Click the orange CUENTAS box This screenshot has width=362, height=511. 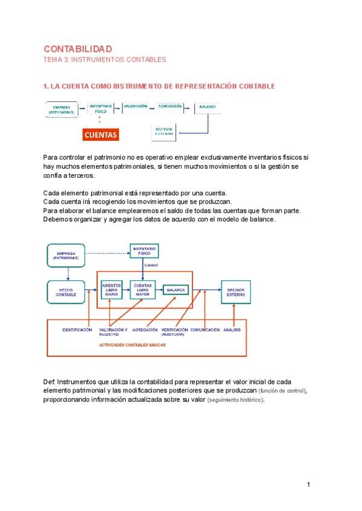pyautogui.click(x=100, y=135)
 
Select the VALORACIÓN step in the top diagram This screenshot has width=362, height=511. pyautogui.click(x=136, y=106)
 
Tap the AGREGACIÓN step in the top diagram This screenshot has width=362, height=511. pyautogui.click(x=170, y=106)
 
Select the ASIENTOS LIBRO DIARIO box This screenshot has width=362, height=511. pyautogui.click(x=112, y=290)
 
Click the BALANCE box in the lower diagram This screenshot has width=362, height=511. pyautogui.click(x=176, y=290)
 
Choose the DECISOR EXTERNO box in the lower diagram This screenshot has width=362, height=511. pyautogui.click(x=236, y=291)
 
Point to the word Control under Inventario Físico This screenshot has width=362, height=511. pyautogui.click(x=151, y=265)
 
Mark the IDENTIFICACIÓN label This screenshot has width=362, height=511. pyautogui.click(x=77, y=330)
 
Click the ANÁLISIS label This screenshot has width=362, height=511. pyautogui.click(x=232, y=330)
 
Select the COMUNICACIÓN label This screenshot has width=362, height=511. pyautogui.click(x=205, y=330)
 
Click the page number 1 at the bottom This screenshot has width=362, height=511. pyautogui.click(x=308, y=485)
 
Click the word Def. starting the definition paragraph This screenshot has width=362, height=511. pyautogui.click(x=49, y=382)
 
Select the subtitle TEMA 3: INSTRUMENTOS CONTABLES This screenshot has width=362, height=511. pyautogui.click(x=104, y=60)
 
